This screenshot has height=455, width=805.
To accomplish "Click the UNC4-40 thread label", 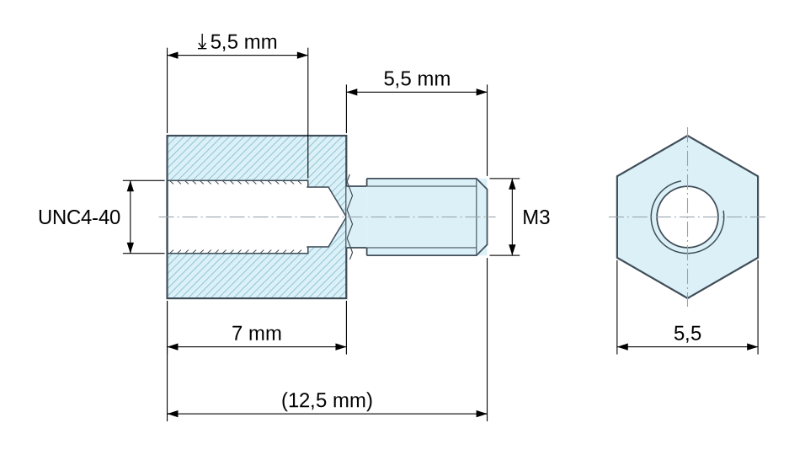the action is [79, 217].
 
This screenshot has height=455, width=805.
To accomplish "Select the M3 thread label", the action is [536, 217].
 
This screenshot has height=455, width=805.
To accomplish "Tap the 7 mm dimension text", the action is [257, 334].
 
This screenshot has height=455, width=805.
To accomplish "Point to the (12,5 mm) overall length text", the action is [327, 400].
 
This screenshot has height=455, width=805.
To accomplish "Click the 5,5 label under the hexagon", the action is [687, 334].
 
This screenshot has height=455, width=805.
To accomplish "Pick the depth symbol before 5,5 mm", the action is [202, 42].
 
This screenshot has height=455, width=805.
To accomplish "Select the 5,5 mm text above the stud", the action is [417, 79].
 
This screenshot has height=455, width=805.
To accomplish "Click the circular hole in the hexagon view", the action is [687, 217].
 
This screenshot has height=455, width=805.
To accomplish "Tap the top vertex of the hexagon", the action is [687, 136].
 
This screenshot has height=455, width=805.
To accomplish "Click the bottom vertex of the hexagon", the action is [687, 298].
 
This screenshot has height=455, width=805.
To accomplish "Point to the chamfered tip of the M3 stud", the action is [482, 217].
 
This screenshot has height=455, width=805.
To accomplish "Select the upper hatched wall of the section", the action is [257, 158].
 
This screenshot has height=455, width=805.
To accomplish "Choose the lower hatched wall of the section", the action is [257, 276].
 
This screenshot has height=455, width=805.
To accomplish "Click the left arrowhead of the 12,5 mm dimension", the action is [173, 414].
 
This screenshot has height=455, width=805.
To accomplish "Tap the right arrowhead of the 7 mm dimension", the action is [341, 346].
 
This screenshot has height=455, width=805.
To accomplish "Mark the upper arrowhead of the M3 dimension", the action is [512, 184].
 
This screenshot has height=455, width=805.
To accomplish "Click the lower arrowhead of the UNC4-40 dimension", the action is [131, 248].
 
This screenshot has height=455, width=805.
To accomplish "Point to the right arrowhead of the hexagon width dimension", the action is [753, 346].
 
